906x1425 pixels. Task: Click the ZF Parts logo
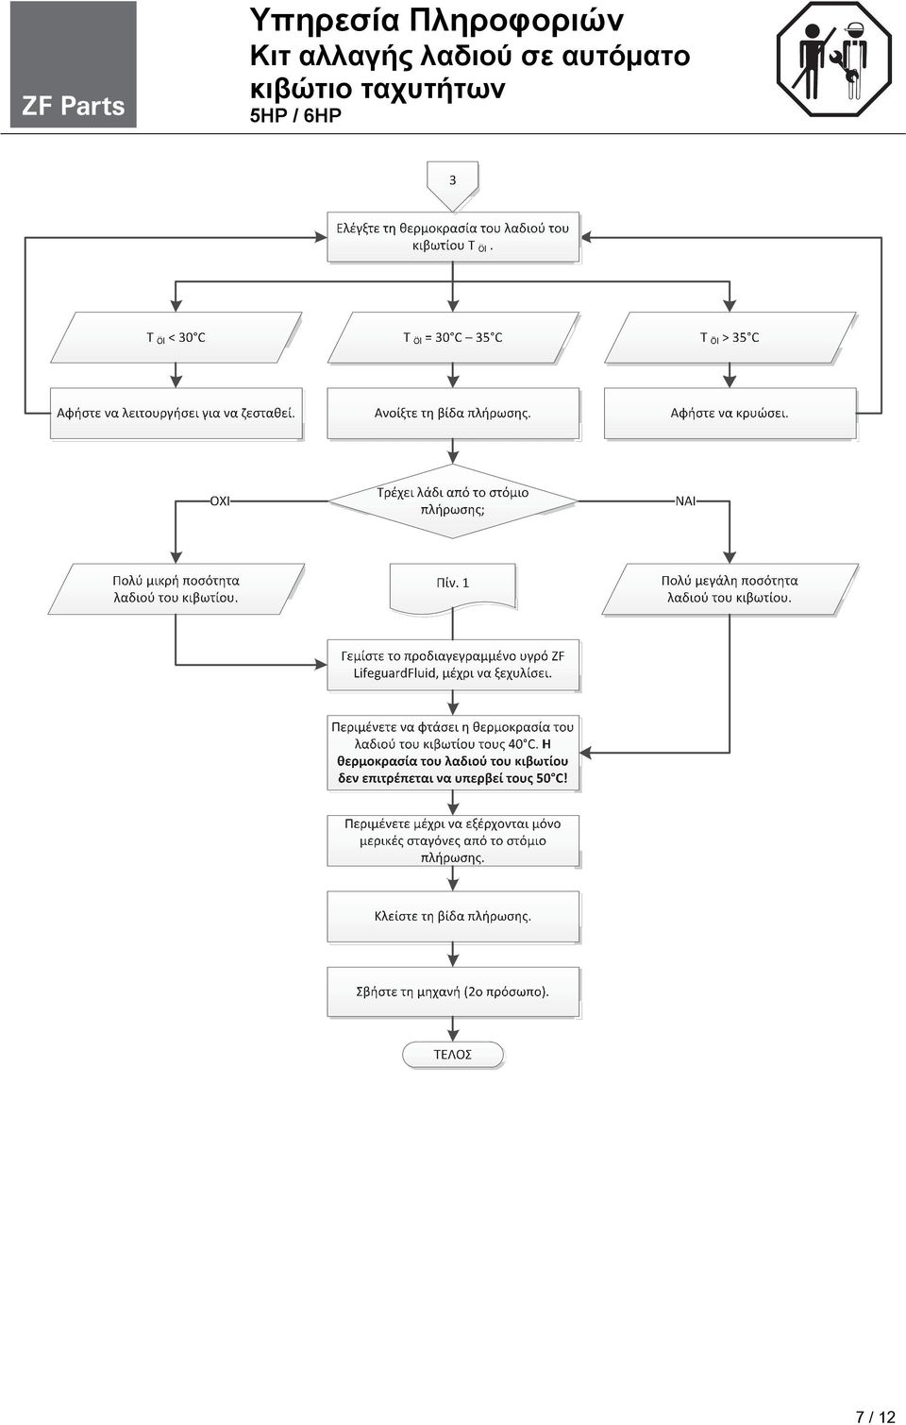[x=73, y=64]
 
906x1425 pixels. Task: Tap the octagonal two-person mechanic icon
[x=834, y=59]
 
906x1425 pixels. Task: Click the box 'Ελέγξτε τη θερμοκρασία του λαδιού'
[x=453, y=237]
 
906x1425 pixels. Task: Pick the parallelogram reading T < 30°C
[x=176, y=337]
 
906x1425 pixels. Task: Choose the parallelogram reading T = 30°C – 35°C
[x=453, y=337]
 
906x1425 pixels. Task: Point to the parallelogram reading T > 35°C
[x=730, y=337]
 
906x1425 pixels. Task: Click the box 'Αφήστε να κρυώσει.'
[x=730, y=413]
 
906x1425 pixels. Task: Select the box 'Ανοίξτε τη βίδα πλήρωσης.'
[x=453, y=413]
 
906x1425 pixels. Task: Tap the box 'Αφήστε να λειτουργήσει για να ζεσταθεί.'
[x=176, y=413]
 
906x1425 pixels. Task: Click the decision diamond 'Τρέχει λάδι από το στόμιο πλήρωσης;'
[x=453, y=500]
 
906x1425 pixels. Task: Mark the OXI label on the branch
[x=220, y=500]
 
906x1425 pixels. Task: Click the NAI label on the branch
[x=685, y=500]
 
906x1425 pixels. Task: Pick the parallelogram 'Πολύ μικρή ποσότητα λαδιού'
[x=176, y=588]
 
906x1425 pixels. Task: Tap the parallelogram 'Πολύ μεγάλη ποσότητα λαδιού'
[x=730, y=588]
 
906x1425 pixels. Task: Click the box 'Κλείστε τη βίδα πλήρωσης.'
[x=453, y=916]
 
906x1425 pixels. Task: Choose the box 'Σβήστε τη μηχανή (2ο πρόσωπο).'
[x=453, y=992]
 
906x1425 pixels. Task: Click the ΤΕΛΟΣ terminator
[x=453, y=1054]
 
